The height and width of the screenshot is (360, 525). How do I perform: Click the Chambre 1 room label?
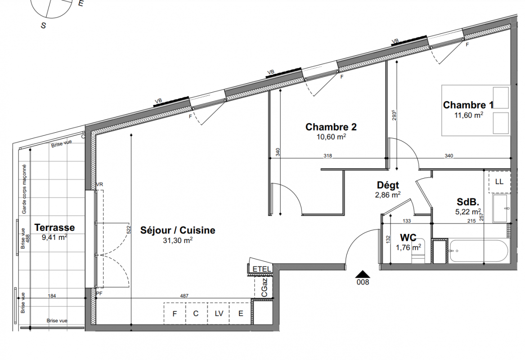(x=468, y=105)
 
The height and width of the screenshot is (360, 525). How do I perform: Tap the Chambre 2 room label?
(x=331, y=127)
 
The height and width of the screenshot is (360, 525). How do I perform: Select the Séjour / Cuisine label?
(x=177, y=230)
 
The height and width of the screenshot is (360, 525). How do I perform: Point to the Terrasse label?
(x=54, y=227)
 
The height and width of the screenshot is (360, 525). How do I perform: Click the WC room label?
(x=408, y=238)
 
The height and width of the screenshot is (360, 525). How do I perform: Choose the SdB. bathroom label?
(x=468, y=202)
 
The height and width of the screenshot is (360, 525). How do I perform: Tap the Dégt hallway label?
(x=388, y=185)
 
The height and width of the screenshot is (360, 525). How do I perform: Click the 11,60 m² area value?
(x=468, y=115)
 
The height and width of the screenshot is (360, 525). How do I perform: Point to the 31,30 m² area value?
(x=177, y=240)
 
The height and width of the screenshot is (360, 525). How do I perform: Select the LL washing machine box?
(x=499, y=182)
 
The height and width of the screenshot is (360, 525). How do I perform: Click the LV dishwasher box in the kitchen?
(x=219, y=314)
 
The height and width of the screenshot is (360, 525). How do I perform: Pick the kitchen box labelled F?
(x=175, y=314)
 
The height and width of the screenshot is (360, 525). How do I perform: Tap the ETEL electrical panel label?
(x=261, y=269)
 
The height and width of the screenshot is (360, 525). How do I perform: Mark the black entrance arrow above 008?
(x=363, y=274)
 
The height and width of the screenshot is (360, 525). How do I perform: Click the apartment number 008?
(x=363, y=282)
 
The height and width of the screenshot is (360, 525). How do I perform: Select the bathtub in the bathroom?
(x=479, y=251)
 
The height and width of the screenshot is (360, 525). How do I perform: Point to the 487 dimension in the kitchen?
(x=184, y=296)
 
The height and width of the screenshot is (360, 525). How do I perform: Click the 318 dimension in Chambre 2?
(x=328, y=156)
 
